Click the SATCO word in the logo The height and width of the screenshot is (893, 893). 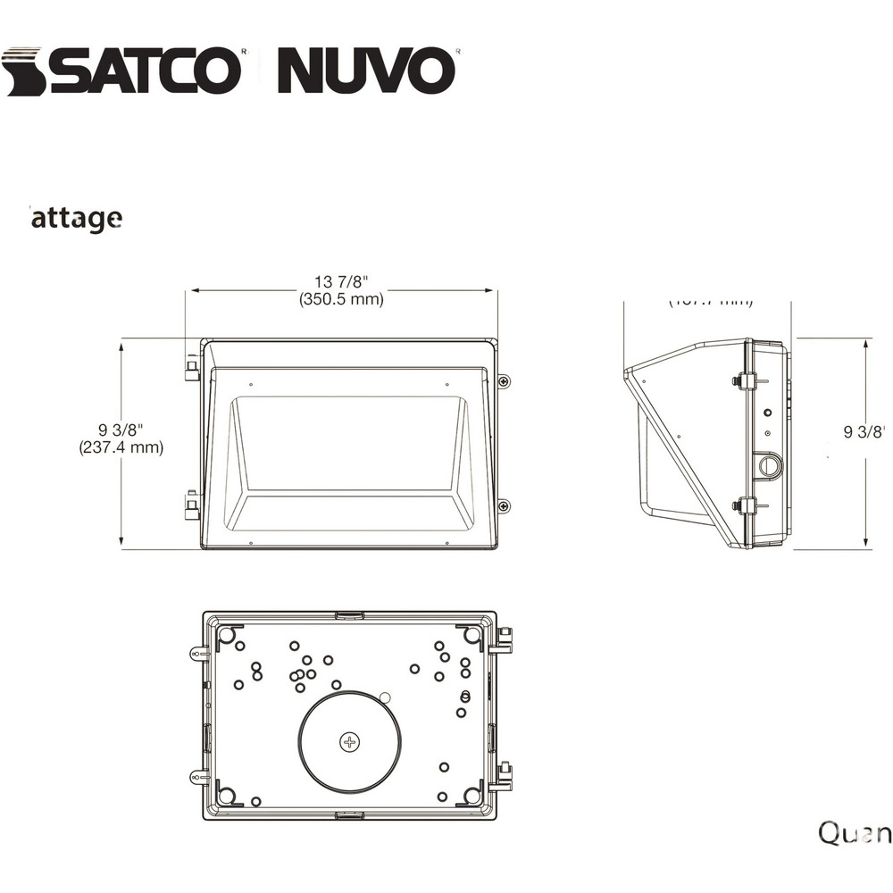pos(143,71)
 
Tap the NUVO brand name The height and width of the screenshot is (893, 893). pos(366,71)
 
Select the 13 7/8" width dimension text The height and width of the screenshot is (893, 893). pos(341,282)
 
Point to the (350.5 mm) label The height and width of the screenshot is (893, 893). pos(341,300)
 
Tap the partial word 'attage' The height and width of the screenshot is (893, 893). pos(77,217)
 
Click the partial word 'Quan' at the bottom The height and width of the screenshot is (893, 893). pos(855,832)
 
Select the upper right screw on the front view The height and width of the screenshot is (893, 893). pos(505,381)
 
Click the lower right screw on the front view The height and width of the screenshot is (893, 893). pos(505,506)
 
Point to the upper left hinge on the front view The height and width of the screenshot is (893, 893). pos(191,368)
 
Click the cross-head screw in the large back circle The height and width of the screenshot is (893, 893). pos(349,741)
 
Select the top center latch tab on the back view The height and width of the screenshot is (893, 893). pos(349,615)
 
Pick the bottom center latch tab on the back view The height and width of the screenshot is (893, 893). pos(349,814)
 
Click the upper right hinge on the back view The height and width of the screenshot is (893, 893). pos(504,640)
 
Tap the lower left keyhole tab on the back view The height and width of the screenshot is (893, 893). pos(198,778)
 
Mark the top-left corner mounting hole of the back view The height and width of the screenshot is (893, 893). pos(227,635)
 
